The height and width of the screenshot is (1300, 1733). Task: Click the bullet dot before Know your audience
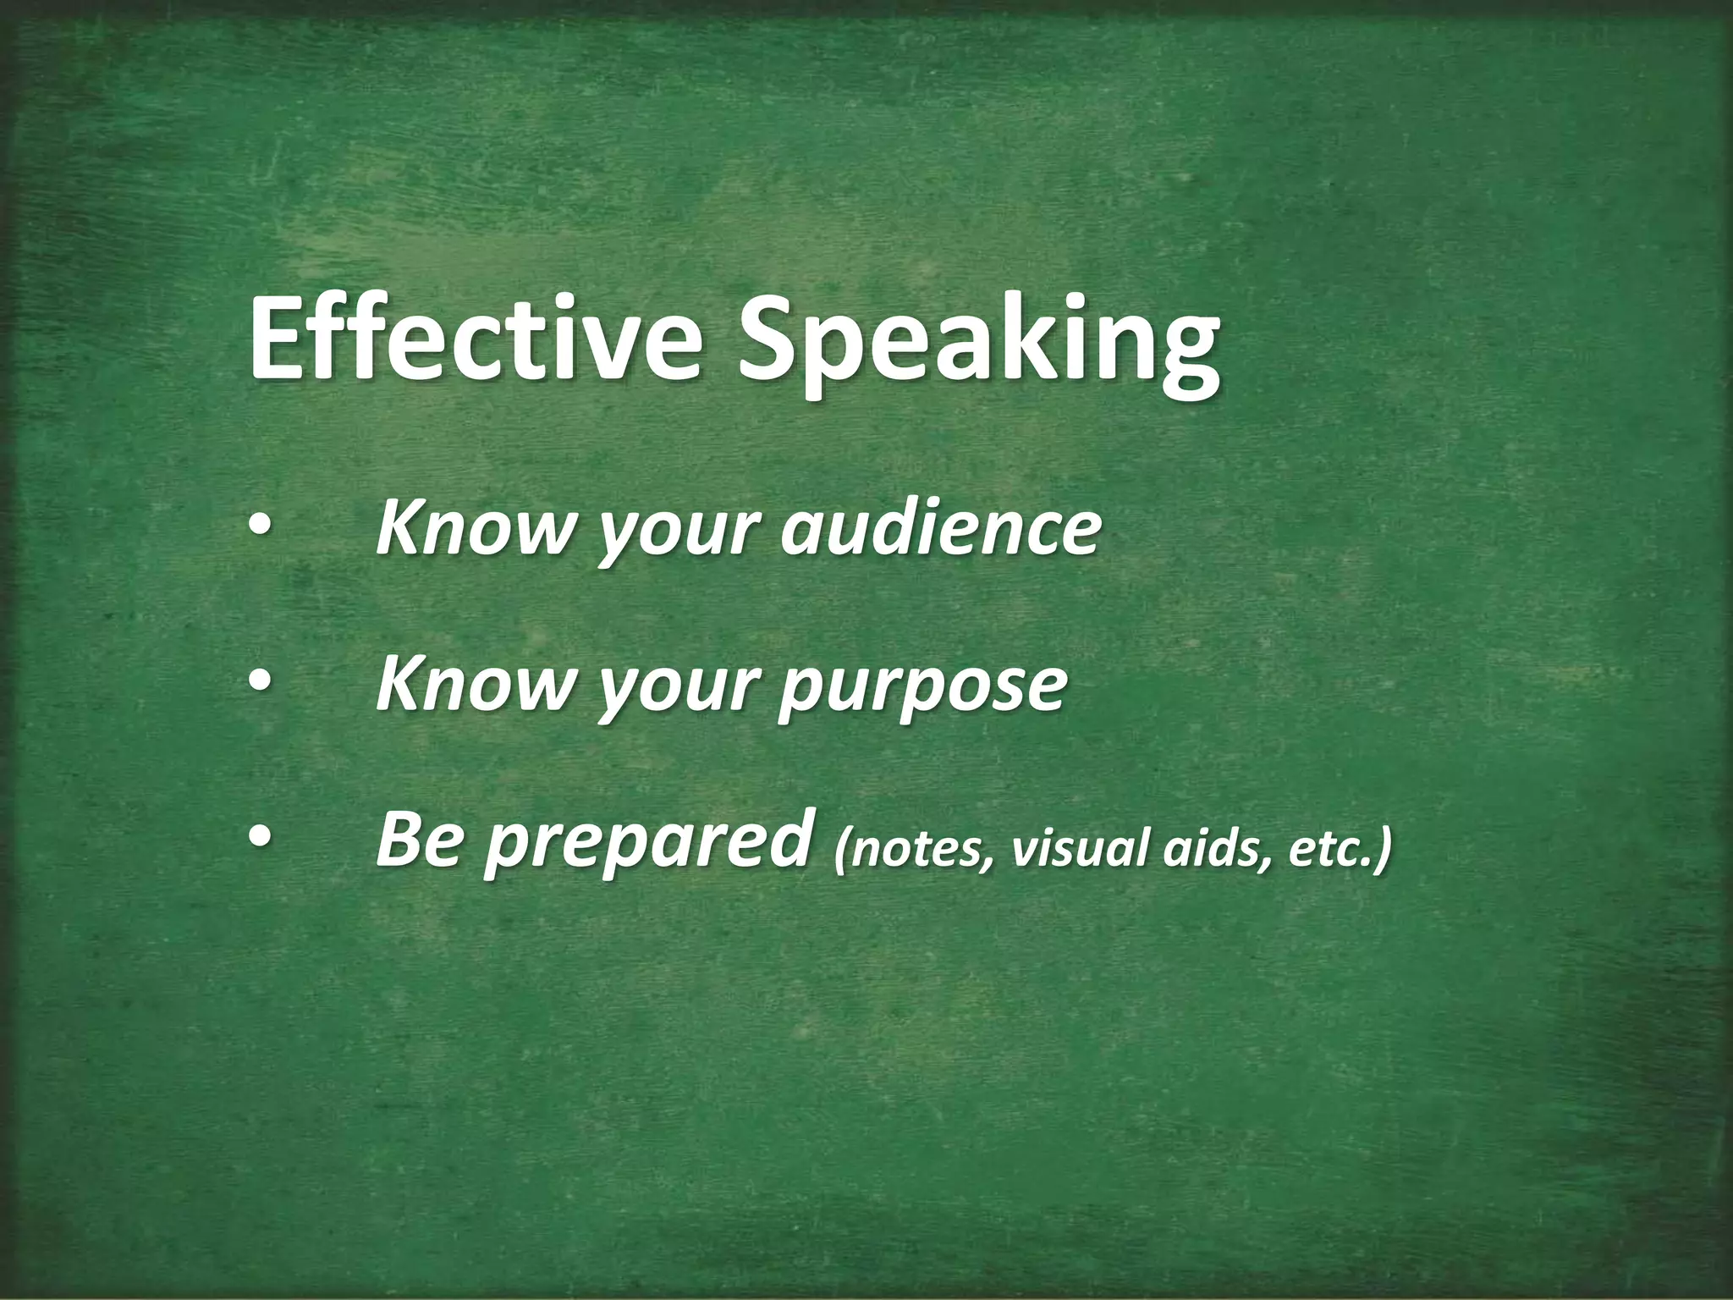click(260, 529)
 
